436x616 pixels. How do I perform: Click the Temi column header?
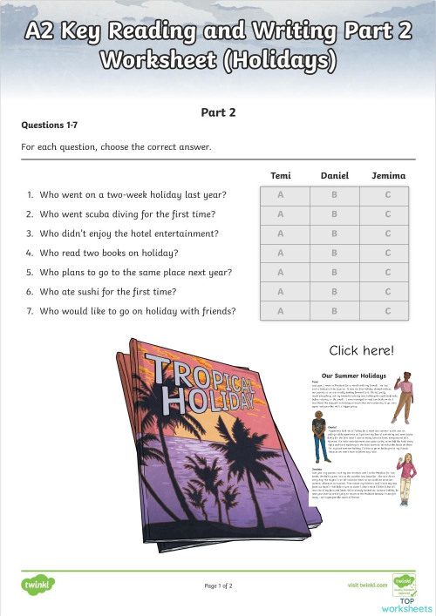coord(281,176)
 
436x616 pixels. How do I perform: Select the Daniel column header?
coord(334,176)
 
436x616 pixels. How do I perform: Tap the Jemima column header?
coord(388,176)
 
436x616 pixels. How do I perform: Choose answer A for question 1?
coord(281,195)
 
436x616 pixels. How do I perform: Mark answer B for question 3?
coord(334,234)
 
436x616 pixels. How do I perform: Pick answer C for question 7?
coord(388,311)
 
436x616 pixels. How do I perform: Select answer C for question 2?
coord(388,214)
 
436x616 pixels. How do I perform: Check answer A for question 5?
coord(281,273)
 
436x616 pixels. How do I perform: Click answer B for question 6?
coord(334,292)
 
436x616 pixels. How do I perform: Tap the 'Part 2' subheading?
coord(218,112)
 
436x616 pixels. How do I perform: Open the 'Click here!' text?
coord(361,351)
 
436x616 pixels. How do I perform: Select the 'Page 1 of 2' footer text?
coord(218,586)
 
